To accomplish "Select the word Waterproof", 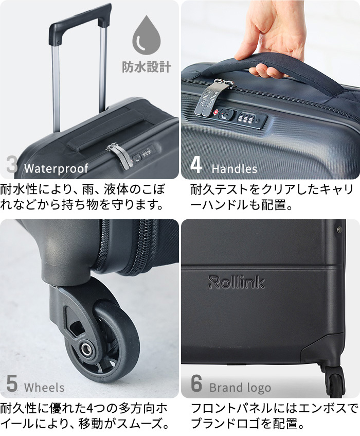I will [x=56, y=168].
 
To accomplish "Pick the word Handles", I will [x=234, y=168].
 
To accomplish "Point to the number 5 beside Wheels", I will [x=12, y=385].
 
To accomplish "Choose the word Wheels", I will [x=44, y=388].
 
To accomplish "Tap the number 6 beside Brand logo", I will [x=196, y=385].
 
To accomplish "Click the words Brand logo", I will [x=240, y=388].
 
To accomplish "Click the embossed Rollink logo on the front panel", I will [x=237, y=282].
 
